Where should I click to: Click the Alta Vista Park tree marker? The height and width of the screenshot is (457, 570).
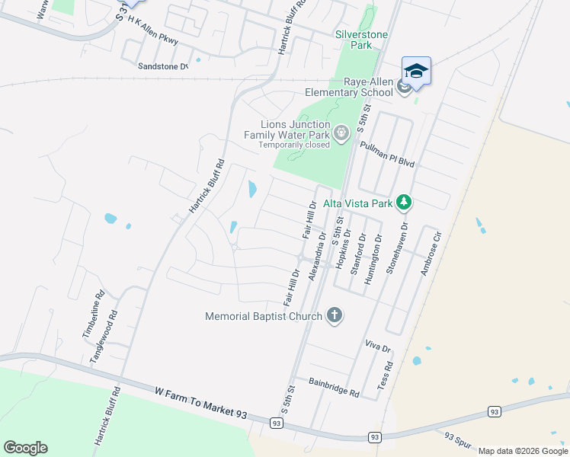tap(404, 203)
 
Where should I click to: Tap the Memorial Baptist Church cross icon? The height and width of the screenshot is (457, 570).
tap(334, 315)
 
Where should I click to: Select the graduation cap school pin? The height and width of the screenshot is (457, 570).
tap(416, 72)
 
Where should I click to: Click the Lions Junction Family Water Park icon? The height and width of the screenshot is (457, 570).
tap(341, 134)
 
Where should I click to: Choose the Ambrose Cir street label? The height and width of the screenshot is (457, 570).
tap(431, 255)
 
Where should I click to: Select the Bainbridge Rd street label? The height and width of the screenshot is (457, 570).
tap(334, 386)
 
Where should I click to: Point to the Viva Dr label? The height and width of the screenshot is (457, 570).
tap(377, 348)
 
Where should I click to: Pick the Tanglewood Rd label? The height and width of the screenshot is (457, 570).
tap(105, 336)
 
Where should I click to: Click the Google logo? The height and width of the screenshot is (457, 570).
tap(25, 448)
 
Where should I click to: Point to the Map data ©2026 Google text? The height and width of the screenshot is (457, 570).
tap(522, 451)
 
